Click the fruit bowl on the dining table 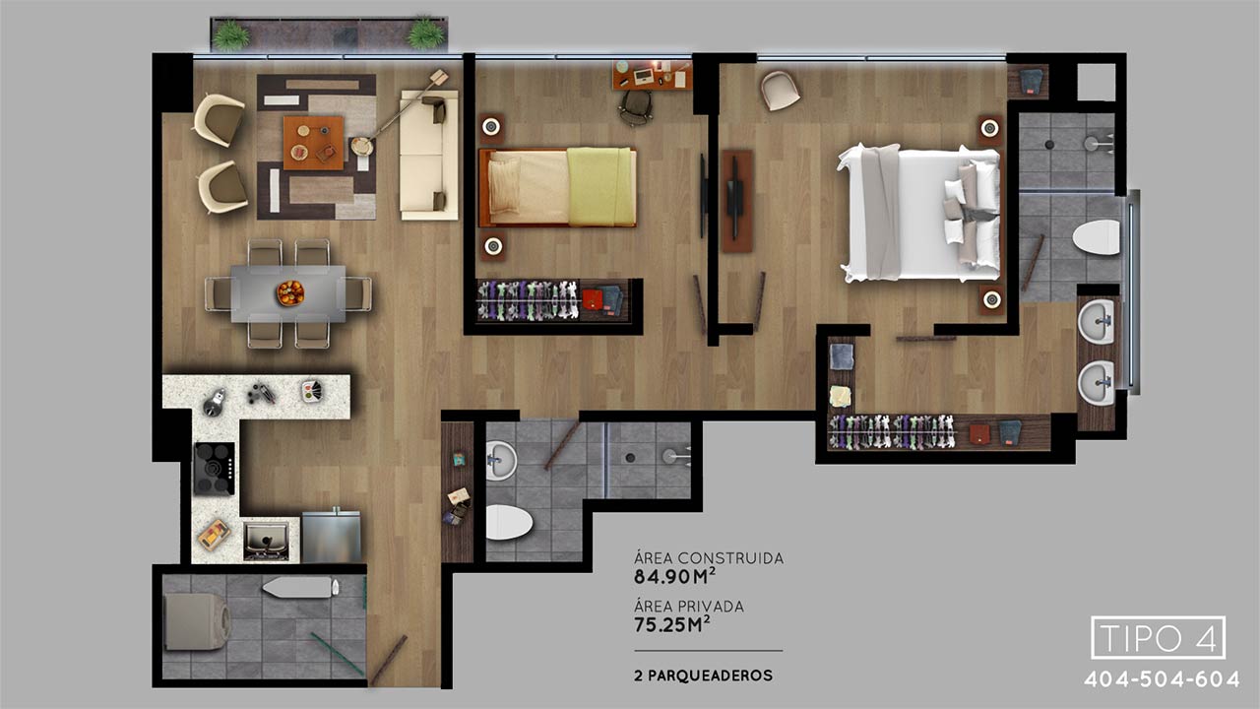(x=289, y=293)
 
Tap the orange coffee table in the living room (x=313, y=143)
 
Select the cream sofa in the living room (x=428, y=155)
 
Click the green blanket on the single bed (x=599, y=186)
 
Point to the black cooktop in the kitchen (x=215, y=468)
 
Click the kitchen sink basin (x=266, y=542)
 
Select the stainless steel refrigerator (x=332, y=537)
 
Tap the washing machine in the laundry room (x=196, y=621)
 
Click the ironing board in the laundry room (x=300, y=588)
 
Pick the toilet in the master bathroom (x=1097, y=237)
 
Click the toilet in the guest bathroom (x=509, y=522)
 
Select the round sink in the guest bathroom (x=500, y=460)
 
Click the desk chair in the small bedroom (x=636, y=107)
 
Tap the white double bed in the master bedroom (x=918, y=213)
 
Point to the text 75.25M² (x=671, y=624)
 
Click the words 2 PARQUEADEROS (x=703, y=676)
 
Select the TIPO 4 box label (x=1159, y=637)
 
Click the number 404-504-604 (x=1162, y=679)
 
